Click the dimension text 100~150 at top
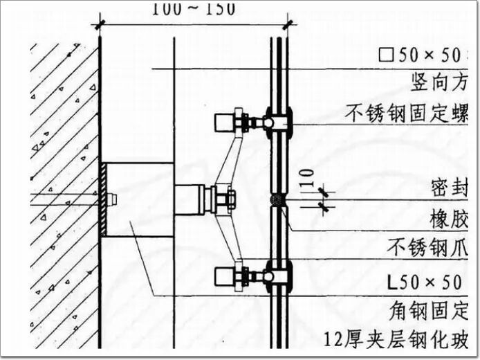tap(193, 9)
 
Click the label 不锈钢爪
tap(432, 247)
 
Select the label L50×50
tap(430, 282)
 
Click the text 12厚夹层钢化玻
tap(401, 339)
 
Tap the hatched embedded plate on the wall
tap(102, 199)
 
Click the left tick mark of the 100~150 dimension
tap(100, 23)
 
